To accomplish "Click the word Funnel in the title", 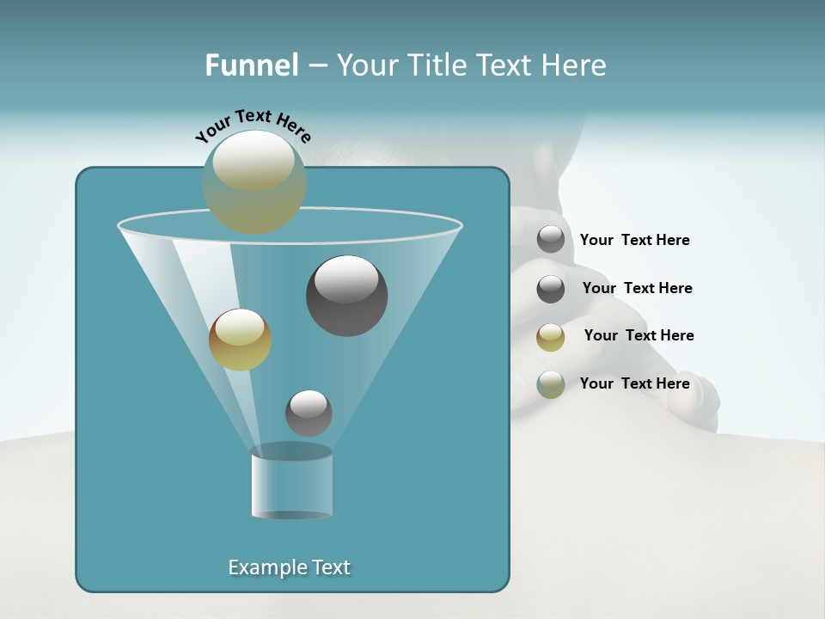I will point(252,65).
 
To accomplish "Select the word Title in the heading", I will point(437,65).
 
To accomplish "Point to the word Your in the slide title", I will point(364,65).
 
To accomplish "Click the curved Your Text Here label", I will point(253,126).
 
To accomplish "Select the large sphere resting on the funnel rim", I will point(254,181).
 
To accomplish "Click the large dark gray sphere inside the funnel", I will point(346,295).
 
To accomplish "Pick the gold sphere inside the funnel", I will point(240,339).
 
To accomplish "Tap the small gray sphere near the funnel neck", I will point(309,413).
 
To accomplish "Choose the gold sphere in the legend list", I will point(551,337).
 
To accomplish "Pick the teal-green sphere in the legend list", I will point(551,384).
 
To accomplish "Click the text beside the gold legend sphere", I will point(639,335).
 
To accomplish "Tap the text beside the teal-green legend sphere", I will point(634,383).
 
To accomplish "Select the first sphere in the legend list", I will point(551,240).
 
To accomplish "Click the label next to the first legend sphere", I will point(634,240).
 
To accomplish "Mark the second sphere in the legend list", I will point(551,289).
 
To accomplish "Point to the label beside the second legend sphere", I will point(637,288).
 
